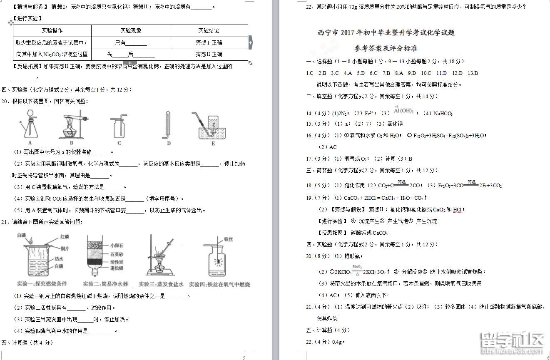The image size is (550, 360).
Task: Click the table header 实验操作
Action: [x=52, y=30]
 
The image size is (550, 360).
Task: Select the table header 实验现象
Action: [x=131, y=30]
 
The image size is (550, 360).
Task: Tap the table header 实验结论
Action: [x=209, y=30]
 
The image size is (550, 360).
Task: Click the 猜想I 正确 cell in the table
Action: [x=209, y=42]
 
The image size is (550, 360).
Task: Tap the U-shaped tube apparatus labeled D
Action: [x=167, y=125]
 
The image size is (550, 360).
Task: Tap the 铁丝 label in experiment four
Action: [x=229, y=239]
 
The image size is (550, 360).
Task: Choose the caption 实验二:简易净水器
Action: [x=106, y=284]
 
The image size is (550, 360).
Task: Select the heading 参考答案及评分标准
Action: [x=386, y=48]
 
